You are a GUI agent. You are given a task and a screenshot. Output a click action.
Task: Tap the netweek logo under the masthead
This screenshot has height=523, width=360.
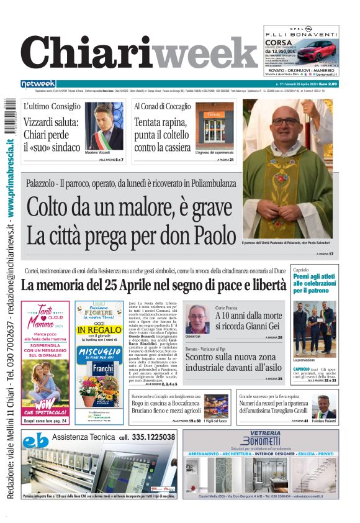coord(38,84)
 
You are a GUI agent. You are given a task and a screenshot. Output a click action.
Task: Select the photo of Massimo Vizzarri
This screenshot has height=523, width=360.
coord(104,126)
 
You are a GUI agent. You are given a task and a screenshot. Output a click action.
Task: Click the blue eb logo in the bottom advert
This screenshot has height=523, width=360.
coord(35,442)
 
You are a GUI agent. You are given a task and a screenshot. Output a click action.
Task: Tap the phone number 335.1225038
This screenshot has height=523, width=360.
coord(147,437)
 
